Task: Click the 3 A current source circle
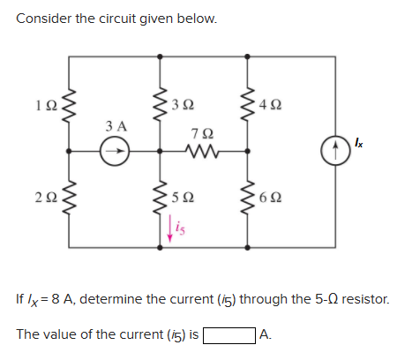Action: click(115, 151)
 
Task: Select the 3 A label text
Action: click(115, 127)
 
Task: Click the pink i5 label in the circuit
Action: click(175, 229)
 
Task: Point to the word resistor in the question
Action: click(362, 300)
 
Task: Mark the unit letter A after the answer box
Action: click(266, 335)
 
